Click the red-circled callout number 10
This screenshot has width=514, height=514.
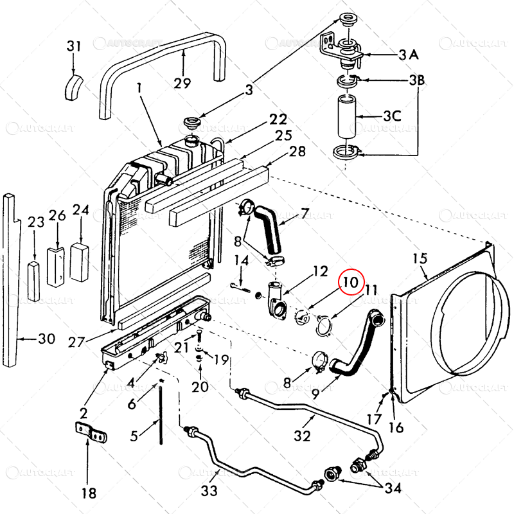coord(352,281)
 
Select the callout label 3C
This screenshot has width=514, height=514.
coord(392,117)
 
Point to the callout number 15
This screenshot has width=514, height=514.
coord(420,259)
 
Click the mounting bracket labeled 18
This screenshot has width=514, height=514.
coord(89,433)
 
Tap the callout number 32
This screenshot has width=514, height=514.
coord(302,436)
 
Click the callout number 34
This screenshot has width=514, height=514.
coord(393,489)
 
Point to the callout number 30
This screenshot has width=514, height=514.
coord(46,338)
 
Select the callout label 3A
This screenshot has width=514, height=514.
coord(408,55)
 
